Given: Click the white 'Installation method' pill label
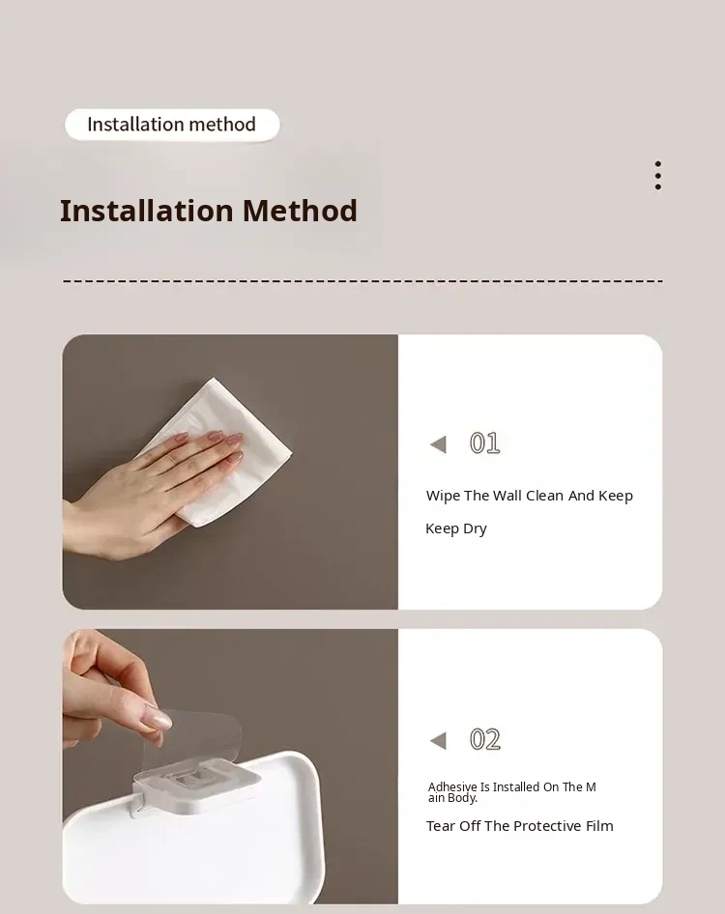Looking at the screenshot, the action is (x=172, y=125).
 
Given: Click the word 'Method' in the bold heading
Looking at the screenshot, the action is (x=300, y=211).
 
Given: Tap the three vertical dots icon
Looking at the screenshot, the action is (x=658, y=176).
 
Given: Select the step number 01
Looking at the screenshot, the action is (x=484, y=443).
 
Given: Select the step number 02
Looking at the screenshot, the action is (x=484, y=739).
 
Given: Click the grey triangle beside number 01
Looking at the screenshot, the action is (x=438, y=444).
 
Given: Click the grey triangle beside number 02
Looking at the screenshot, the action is (x=438, y=740).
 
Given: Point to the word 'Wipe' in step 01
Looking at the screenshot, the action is (x=444, y=496).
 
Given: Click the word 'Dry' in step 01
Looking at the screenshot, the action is (x=475, y=528).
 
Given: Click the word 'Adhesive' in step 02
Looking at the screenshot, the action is (x=452, y=786).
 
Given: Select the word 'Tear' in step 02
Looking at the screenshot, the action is (x=441, y=826).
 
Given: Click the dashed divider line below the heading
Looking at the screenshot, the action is (x=362, y=281).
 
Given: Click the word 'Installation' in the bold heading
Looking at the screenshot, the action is (x=147, y=211).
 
